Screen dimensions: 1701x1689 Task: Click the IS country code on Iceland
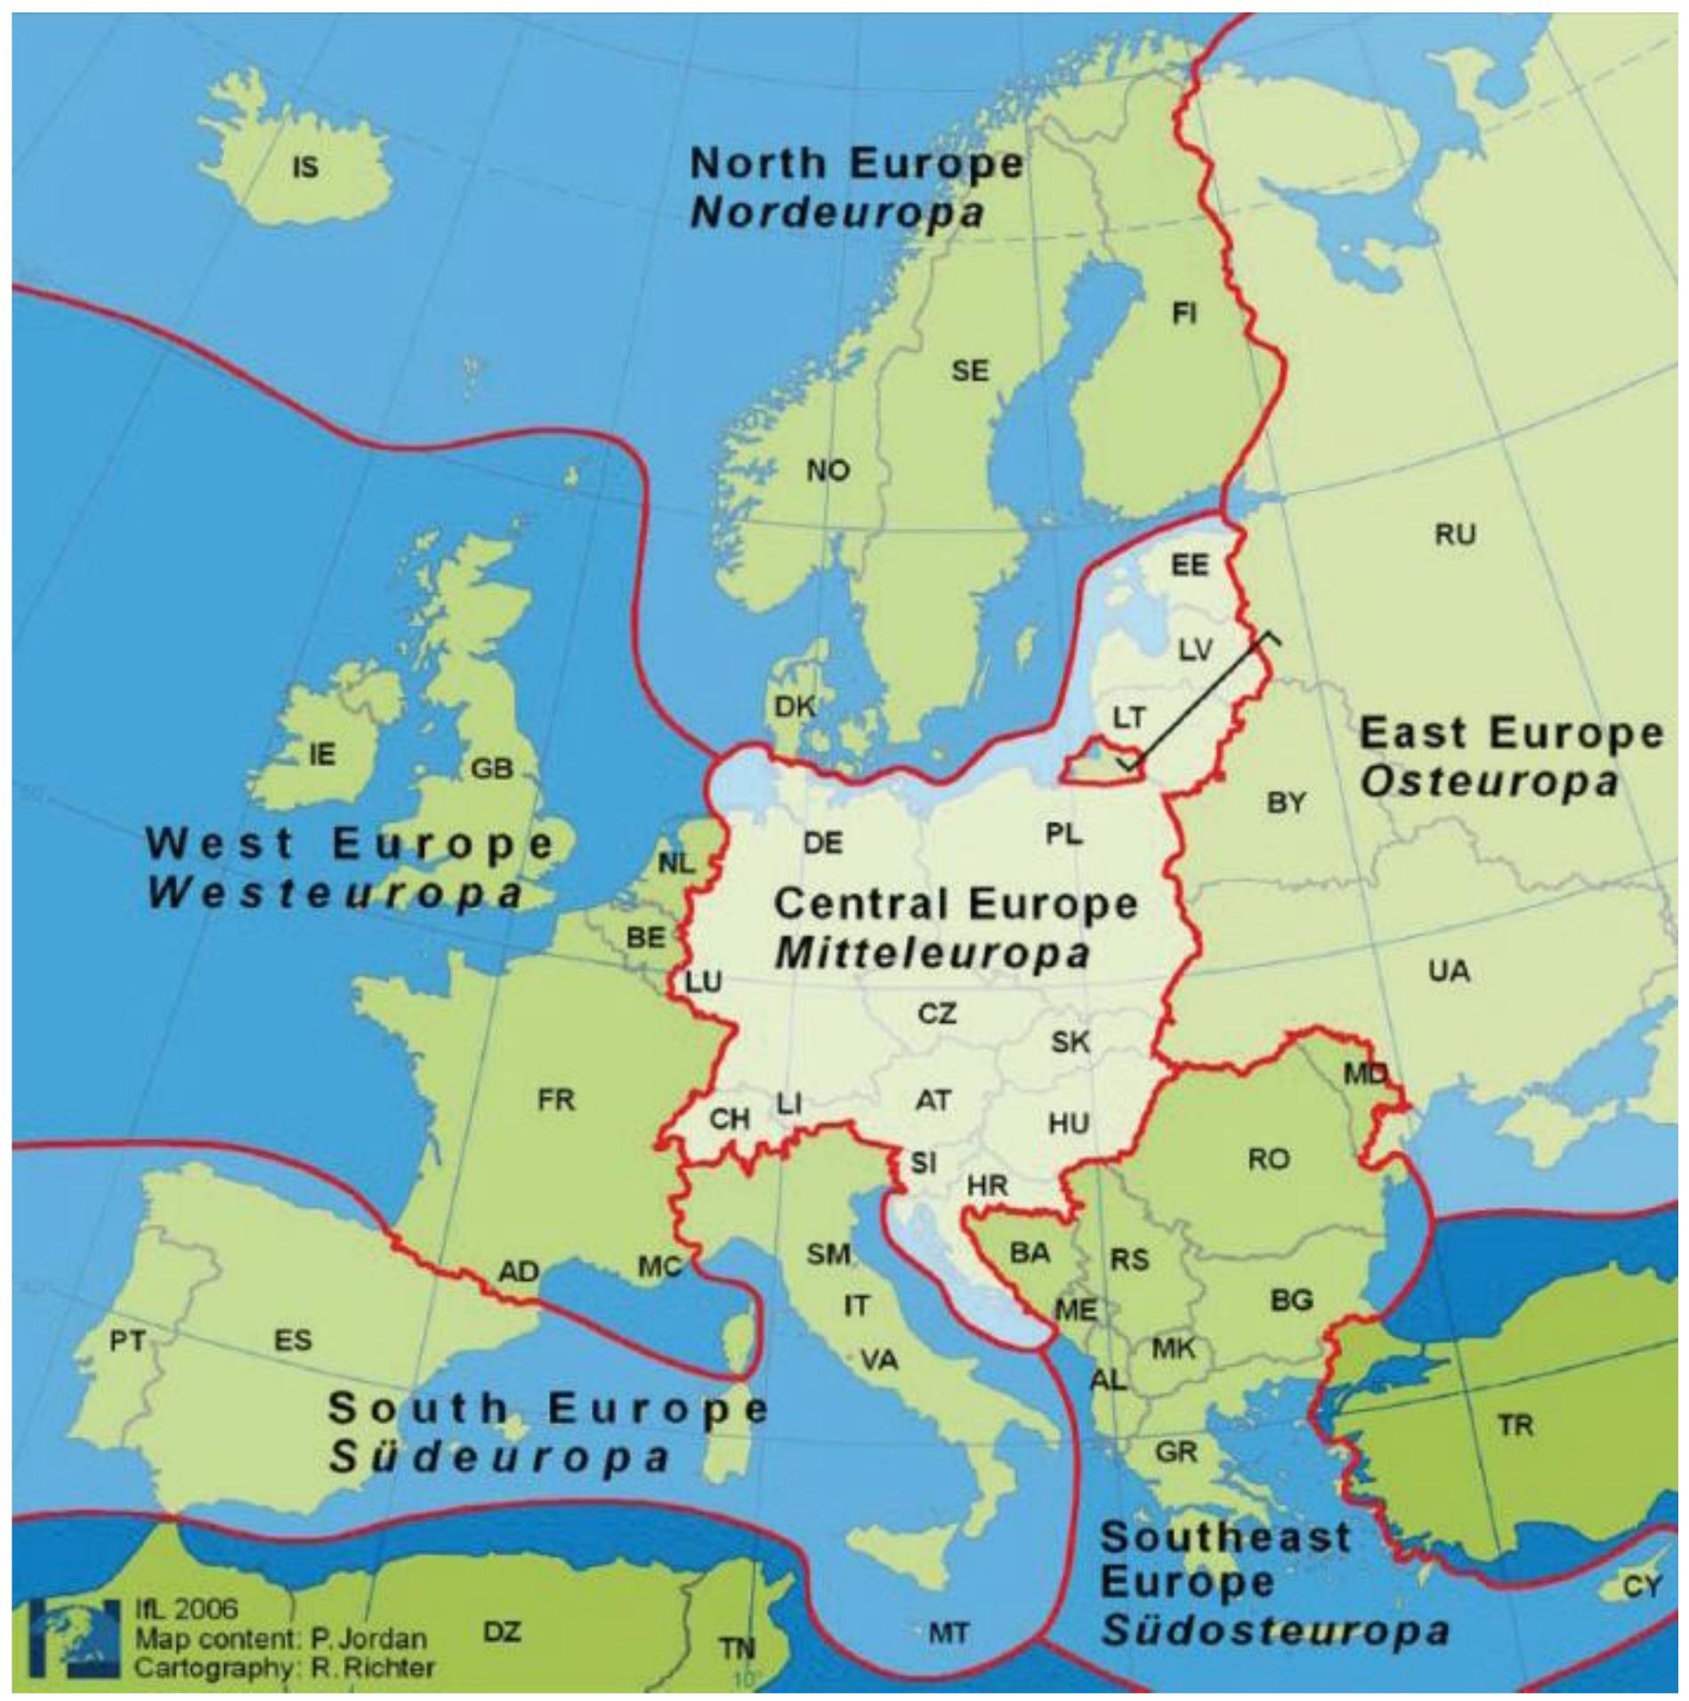pos(305,166)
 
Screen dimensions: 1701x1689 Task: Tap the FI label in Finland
pos(1184,313)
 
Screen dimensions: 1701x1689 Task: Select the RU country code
pos(1455,535)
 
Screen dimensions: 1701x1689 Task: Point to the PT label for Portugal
pos(127,1341)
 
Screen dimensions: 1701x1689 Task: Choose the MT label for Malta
pos(948,1632)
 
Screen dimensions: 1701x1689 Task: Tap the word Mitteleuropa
pos(932,955)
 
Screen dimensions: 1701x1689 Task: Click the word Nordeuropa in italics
pos(837,214)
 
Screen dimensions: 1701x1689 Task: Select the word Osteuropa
pos(1489,782)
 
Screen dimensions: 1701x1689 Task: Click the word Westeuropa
pos(335,894)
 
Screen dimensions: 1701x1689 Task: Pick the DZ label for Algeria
pos(502,1632)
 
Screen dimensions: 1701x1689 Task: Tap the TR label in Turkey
pos(1515,1427)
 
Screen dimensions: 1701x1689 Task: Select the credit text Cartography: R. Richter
pos(285,1666)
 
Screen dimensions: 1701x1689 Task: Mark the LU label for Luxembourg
pos(703,983)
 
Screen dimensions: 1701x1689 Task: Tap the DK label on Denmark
pos(795,707)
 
